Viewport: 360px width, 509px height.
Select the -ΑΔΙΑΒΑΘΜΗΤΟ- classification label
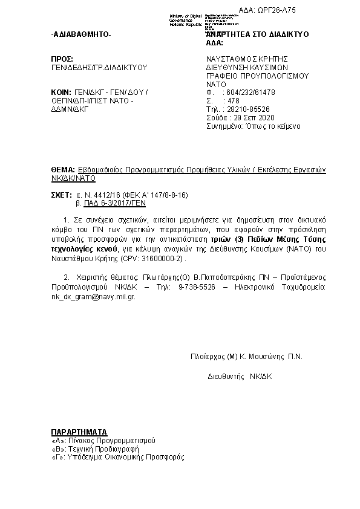82,34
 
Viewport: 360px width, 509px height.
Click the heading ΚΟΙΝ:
62,92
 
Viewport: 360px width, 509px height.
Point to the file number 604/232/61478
249,92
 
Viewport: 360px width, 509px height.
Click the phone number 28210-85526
247,109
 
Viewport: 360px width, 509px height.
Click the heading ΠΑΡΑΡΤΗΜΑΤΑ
79,433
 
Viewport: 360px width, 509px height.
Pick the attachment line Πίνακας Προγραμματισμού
103,441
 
